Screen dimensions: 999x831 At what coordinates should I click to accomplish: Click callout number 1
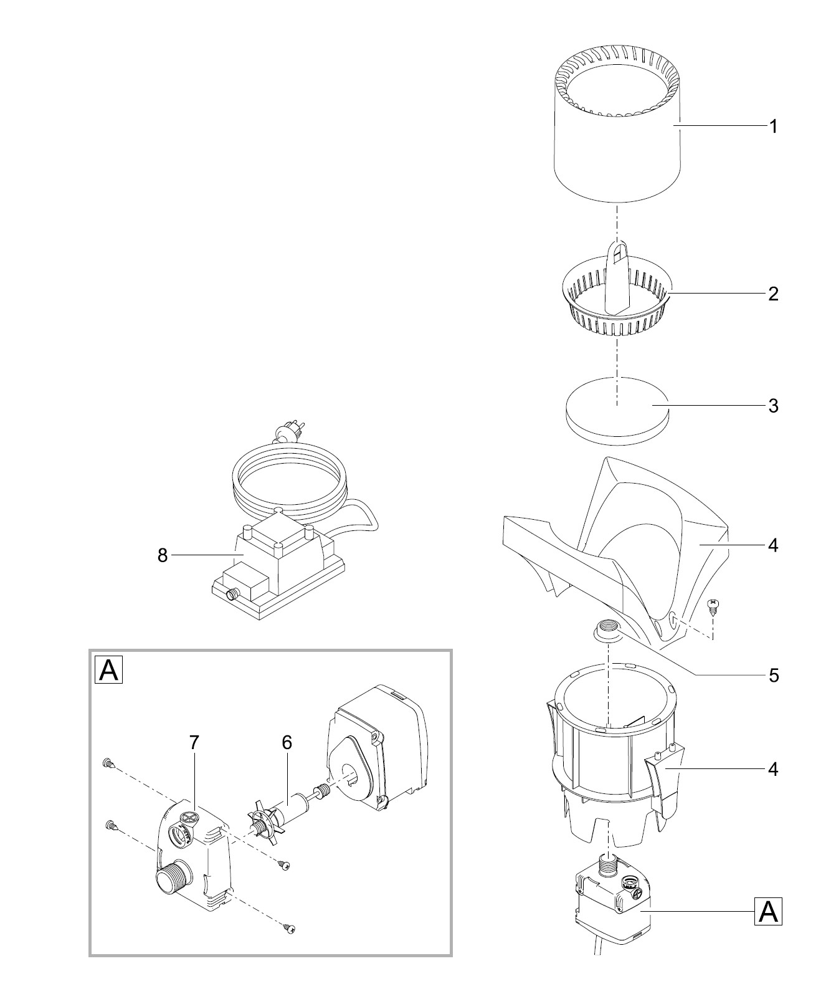coord(773,127)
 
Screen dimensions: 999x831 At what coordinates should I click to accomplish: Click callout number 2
coord(773,294)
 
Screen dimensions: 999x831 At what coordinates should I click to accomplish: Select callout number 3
coord(773,406)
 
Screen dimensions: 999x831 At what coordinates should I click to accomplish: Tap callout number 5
coord(773,676)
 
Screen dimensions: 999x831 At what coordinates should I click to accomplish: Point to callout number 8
coord(163,555)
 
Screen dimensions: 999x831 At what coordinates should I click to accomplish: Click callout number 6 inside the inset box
coord(287,742)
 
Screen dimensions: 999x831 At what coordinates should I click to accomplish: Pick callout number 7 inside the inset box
coord(194,742)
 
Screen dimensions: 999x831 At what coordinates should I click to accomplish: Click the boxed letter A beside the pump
coord(769,912)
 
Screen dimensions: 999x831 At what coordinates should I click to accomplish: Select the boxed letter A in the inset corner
coord(108,670)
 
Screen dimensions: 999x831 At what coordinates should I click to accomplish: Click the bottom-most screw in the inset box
coord(288,929)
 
